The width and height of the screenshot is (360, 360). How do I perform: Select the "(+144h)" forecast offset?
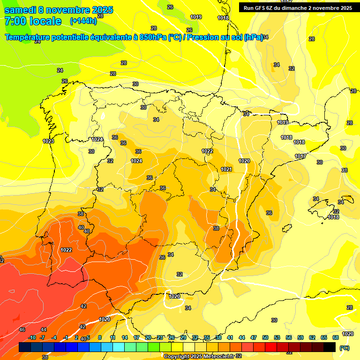click(83, 21)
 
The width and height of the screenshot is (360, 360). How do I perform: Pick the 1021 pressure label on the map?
click(226, 169)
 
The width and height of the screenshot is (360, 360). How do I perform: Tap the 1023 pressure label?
click(48, 141)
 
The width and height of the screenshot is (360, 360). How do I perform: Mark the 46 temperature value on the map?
click(22, 330)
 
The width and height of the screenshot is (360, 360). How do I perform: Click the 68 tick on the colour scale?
click(336, 337)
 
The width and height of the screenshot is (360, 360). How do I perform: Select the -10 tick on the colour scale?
click(32, 337)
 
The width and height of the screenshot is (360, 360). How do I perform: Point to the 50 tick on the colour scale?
click(265, 337)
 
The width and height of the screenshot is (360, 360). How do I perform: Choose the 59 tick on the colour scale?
click(300, 337)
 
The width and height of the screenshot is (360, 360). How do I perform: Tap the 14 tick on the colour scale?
click(125, 337)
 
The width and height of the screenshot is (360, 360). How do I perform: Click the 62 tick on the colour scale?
click(312, 337)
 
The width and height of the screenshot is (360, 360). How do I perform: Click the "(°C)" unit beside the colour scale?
click(345, 348)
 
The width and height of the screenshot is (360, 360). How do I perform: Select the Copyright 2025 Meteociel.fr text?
click(199, 356)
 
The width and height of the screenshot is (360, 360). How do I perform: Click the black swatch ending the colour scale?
click(330, 347)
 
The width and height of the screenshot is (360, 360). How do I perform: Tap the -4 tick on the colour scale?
click(54, 337)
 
